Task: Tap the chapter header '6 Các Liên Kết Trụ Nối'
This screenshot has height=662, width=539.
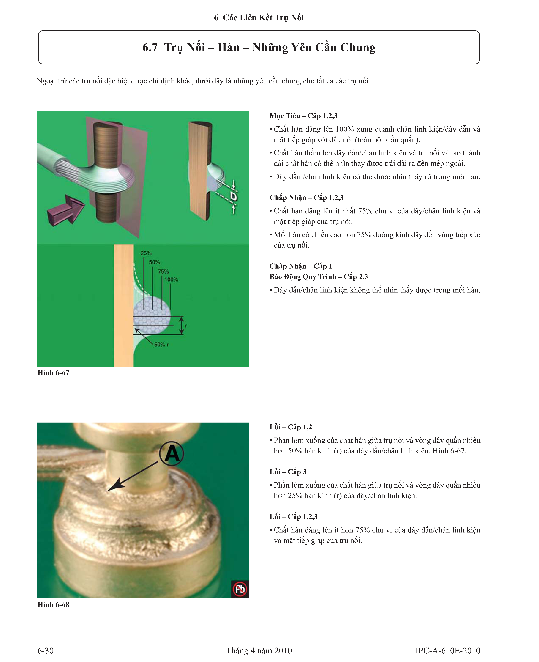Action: click(259, 18)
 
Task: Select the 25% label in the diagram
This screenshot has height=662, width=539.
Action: click(146, 253)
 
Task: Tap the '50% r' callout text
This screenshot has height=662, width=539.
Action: click(161, 344)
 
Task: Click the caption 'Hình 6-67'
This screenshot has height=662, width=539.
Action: click(53, 373)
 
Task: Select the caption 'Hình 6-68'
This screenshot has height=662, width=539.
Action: click(53, 605)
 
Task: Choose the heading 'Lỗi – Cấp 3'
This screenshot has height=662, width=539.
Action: click(288, 472)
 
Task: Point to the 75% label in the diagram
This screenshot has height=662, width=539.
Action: click(163, 272)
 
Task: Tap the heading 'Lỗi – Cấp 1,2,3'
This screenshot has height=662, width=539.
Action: click(293, 516)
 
